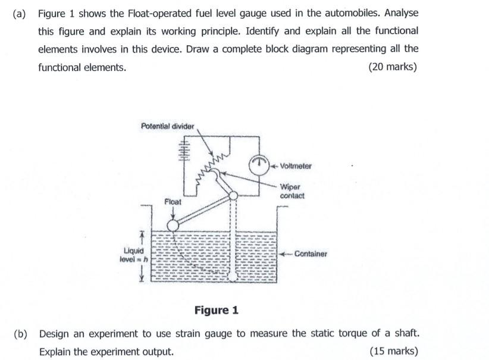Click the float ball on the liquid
173,226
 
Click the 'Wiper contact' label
291,191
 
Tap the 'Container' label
311,254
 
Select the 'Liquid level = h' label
133,255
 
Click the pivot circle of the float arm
234,195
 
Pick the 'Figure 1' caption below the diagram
217,310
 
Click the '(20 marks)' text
393,67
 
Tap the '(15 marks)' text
393,351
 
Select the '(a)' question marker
20,12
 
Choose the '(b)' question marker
20,333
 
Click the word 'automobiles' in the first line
350,12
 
